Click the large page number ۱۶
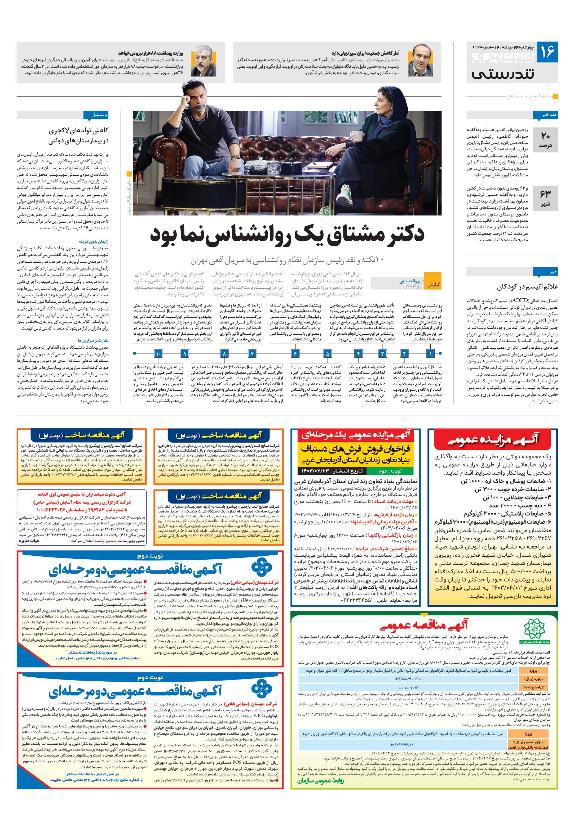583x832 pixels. tap(547, 51)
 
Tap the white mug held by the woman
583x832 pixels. tap(358, 135)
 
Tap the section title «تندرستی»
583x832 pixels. tap(503, 75)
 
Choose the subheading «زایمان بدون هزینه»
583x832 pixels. tap(93, 241)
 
